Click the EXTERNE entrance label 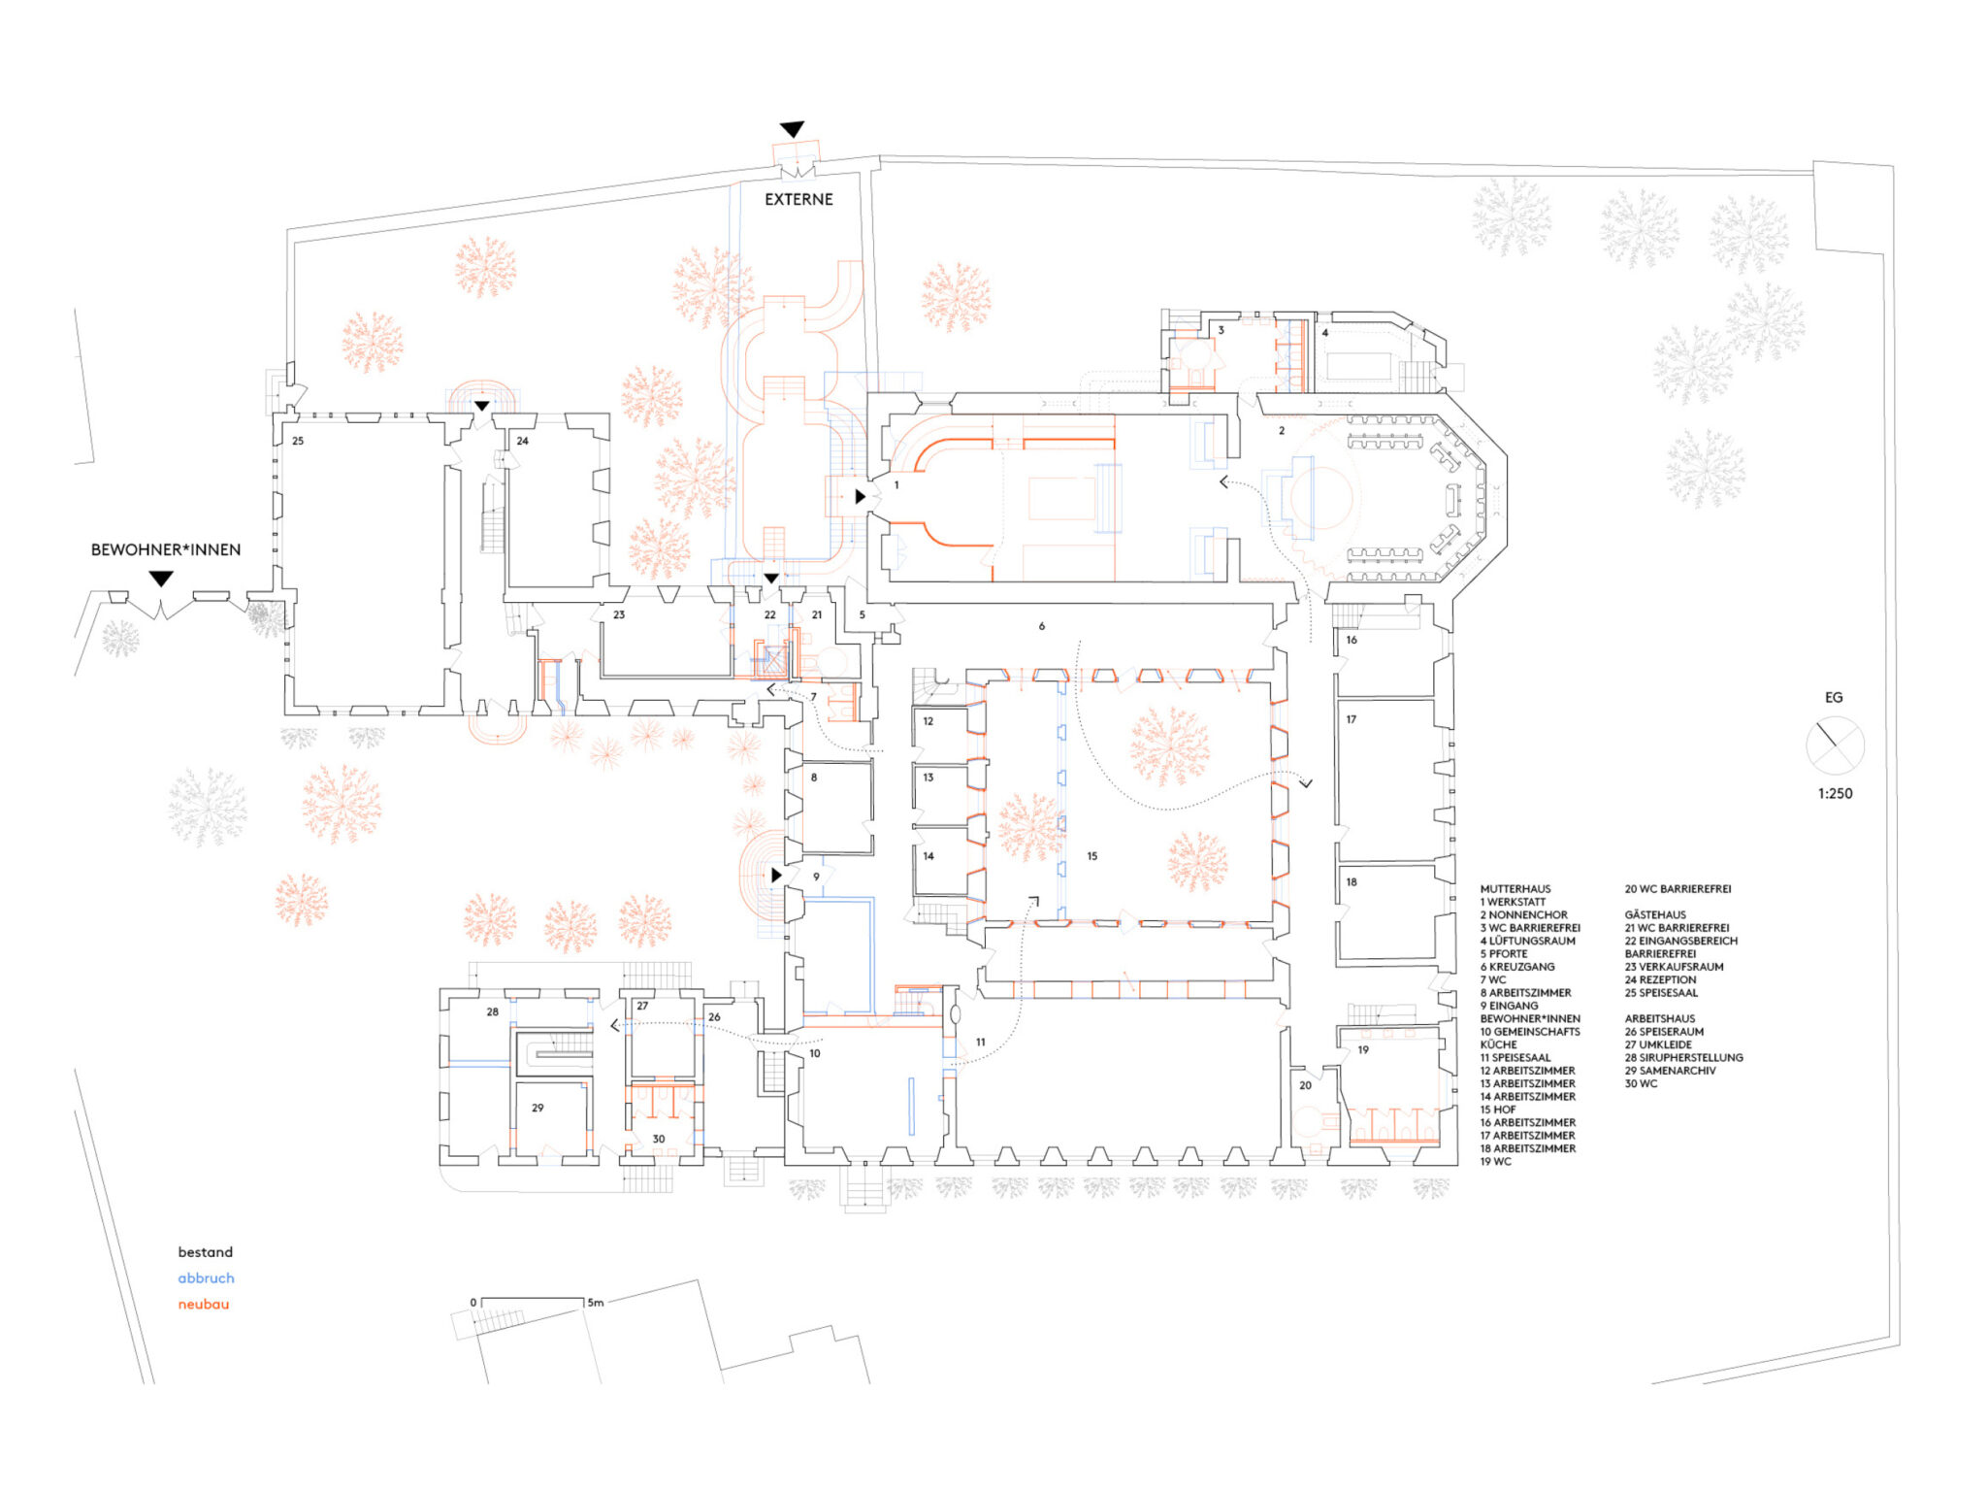click(x=798, y=199)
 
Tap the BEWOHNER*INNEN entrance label click(x=166, y=549)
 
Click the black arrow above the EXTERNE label click(x=793, y=129)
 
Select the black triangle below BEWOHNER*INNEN click(x=161, y=579)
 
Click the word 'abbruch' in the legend click(x=206, y=1278)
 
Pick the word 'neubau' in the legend click(x=204, y=1304)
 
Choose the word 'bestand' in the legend click(x=206, y=1252)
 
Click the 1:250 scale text click(x=1835, y=793)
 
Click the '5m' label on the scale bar click(x=596, y=1303)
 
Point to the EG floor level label click(x=1834, y=697)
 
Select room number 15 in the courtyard click(x=1092, y=856)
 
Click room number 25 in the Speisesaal click(x=298, y=441)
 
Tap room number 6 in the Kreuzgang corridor click(x=1042, y=626)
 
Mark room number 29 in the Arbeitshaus click(x=537, y=1108)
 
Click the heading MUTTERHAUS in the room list click(x=1515, y=889)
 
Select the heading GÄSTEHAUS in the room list click(x=1655, y=914)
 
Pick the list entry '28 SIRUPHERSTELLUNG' click(x=1684, y=1057)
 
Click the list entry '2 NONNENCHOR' click(x=1524, y=914)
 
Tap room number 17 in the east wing click(x=1352, y=719)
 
